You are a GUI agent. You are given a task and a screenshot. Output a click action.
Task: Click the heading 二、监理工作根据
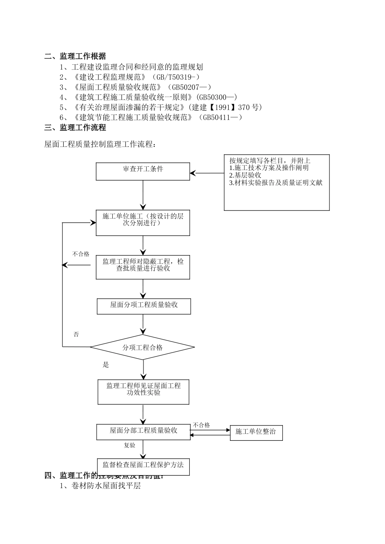75,56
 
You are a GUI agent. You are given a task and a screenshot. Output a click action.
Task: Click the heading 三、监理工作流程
75,127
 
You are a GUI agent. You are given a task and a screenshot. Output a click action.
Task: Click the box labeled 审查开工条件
143,171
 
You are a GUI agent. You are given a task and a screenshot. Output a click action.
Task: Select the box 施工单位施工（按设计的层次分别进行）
143,223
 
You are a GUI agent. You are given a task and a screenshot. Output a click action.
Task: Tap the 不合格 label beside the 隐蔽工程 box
81,254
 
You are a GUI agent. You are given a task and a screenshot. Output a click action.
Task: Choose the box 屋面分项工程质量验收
143,306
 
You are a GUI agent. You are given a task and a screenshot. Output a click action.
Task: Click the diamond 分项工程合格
142,347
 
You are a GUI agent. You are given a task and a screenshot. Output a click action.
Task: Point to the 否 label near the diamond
76,334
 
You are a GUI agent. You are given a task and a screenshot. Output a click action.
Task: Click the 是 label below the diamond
106,365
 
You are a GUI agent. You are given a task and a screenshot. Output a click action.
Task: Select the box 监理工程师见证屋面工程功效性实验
143,391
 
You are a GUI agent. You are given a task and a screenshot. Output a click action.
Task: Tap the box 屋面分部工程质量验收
143,432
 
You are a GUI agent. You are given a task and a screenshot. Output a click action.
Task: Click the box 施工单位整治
256,432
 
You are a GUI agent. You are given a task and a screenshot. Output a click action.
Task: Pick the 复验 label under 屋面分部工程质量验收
129,445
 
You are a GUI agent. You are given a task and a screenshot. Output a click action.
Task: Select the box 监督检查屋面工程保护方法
143,466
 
